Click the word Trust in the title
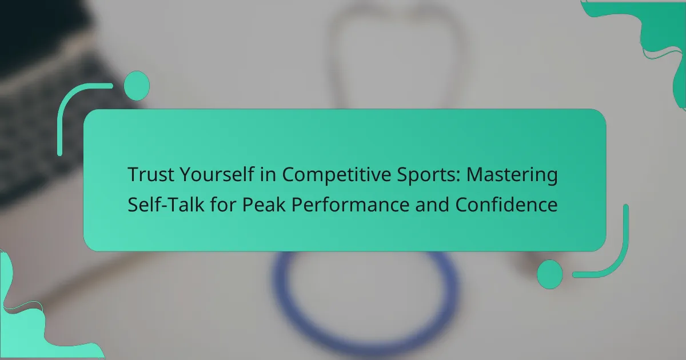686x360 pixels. coord(151,174)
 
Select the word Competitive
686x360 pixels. coord(336,175)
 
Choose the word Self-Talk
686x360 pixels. coord(166,204)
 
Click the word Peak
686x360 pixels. coord(264,204)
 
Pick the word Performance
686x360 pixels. coord(350,204)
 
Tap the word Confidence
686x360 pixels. coord(506,204)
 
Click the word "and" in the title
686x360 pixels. coord(432,204)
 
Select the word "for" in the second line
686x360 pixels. coord(223,204)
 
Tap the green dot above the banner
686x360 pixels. coord(137,86)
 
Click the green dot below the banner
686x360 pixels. coord(550,274)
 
